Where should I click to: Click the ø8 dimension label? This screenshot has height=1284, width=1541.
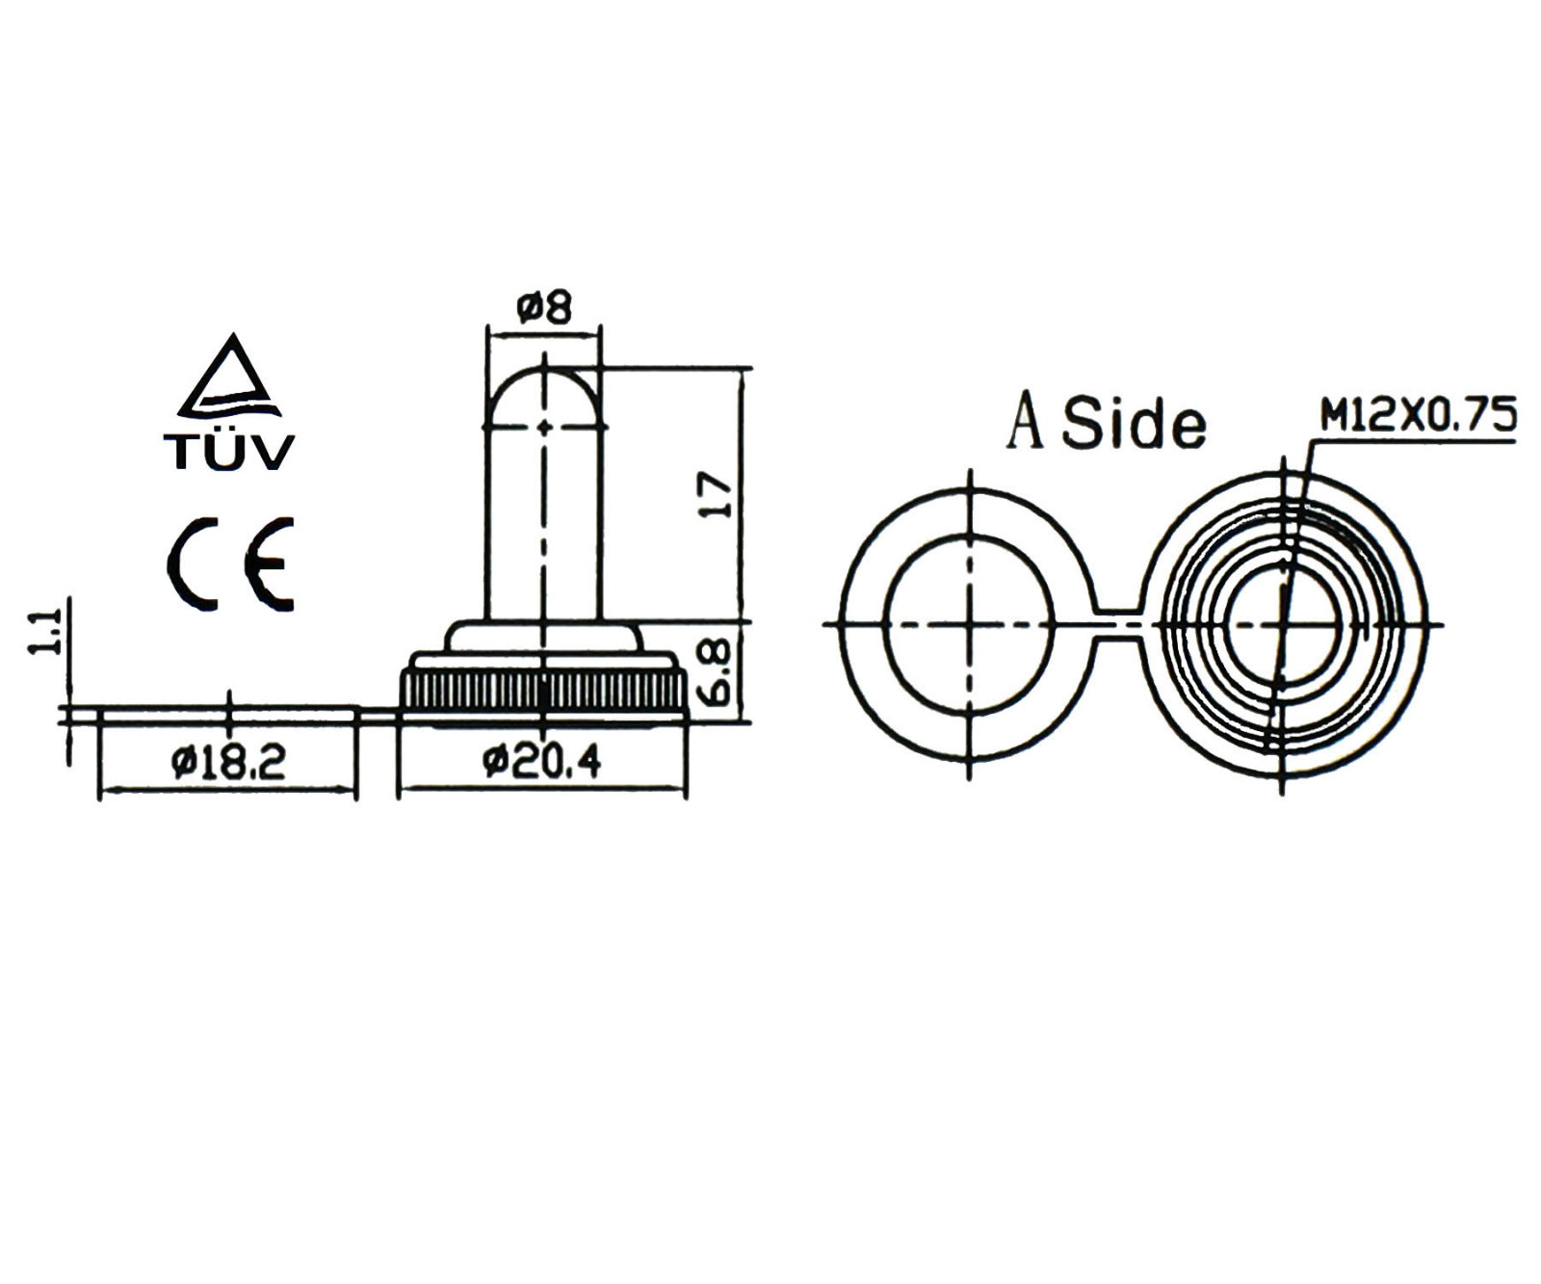(x=544, y=307)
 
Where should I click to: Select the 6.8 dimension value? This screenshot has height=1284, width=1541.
(x=718, y=671)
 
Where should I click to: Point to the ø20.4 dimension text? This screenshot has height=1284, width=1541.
(x=542, y=762)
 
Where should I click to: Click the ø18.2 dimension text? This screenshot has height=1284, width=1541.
(x=229, y=763)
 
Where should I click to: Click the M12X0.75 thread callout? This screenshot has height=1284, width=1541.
(x=1418, y=414)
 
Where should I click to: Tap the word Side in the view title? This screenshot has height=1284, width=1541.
(x=1134, y=423)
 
